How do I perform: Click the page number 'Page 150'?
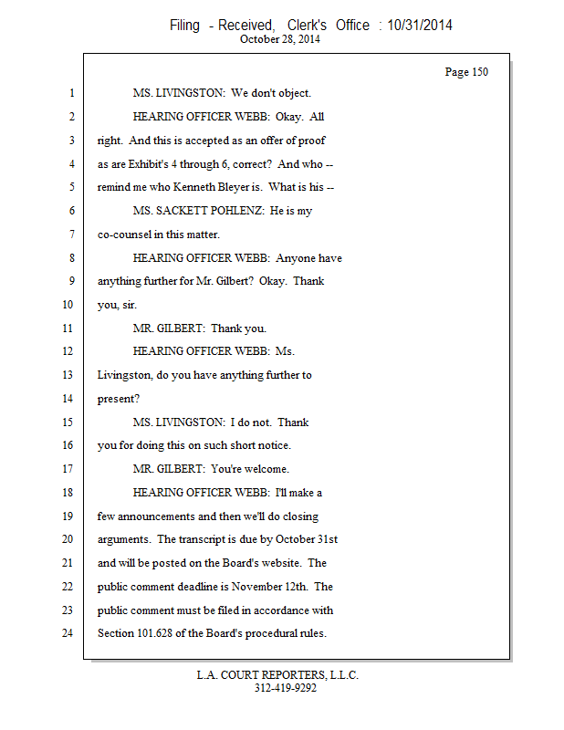(466, 72)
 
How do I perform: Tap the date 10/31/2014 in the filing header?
(420, 26)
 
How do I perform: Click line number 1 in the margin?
(70, 93)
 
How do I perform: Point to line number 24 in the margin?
(68, 633)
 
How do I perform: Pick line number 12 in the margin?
(68, 351)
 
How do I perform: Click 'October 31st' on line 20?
(304, 539)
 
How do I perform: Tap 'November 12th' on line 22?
(273, 587)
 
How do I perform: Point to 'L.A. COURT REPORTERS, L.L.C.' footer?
(277, 676)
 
